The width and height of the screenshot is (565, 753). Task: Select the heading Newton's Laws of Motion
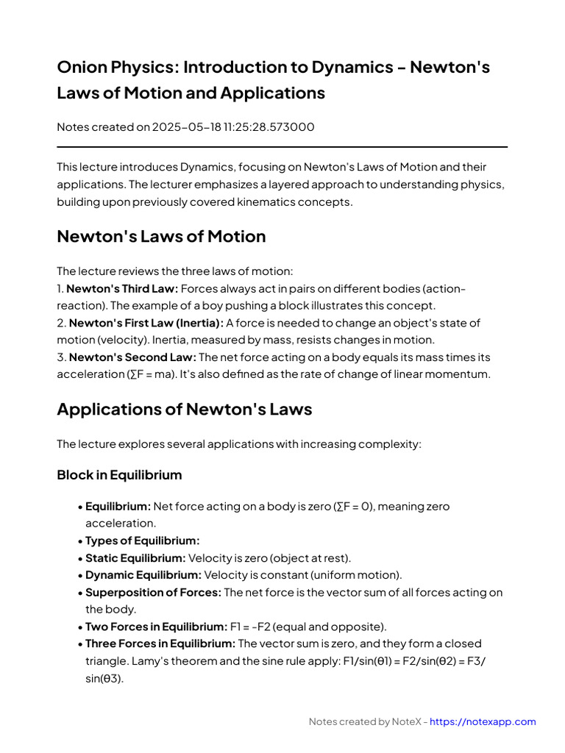(x=161, y=237)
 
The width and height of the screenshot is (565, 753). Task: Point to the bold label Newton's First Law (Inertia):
(x=146, y=323)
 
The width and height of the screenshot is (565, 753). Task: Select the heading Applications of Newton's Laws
(x=184, y=410)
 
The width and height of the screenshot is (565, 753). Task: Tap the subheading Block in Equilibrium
(x=119, y=475)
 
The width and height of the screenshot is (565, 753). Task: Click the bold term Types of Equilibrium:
(x=142, y=540)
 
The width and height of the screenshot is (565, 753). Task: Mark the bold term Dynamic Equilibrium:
(x=143, y=575)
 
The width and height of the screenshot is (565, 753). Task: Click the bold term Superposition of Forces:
(x=153, y=592)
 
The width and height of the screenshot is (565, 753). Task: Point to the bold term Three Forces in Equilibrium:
(x=160, y=643)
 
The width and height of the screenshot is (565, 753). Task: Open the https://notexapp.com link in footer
(x=483, y=722)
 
